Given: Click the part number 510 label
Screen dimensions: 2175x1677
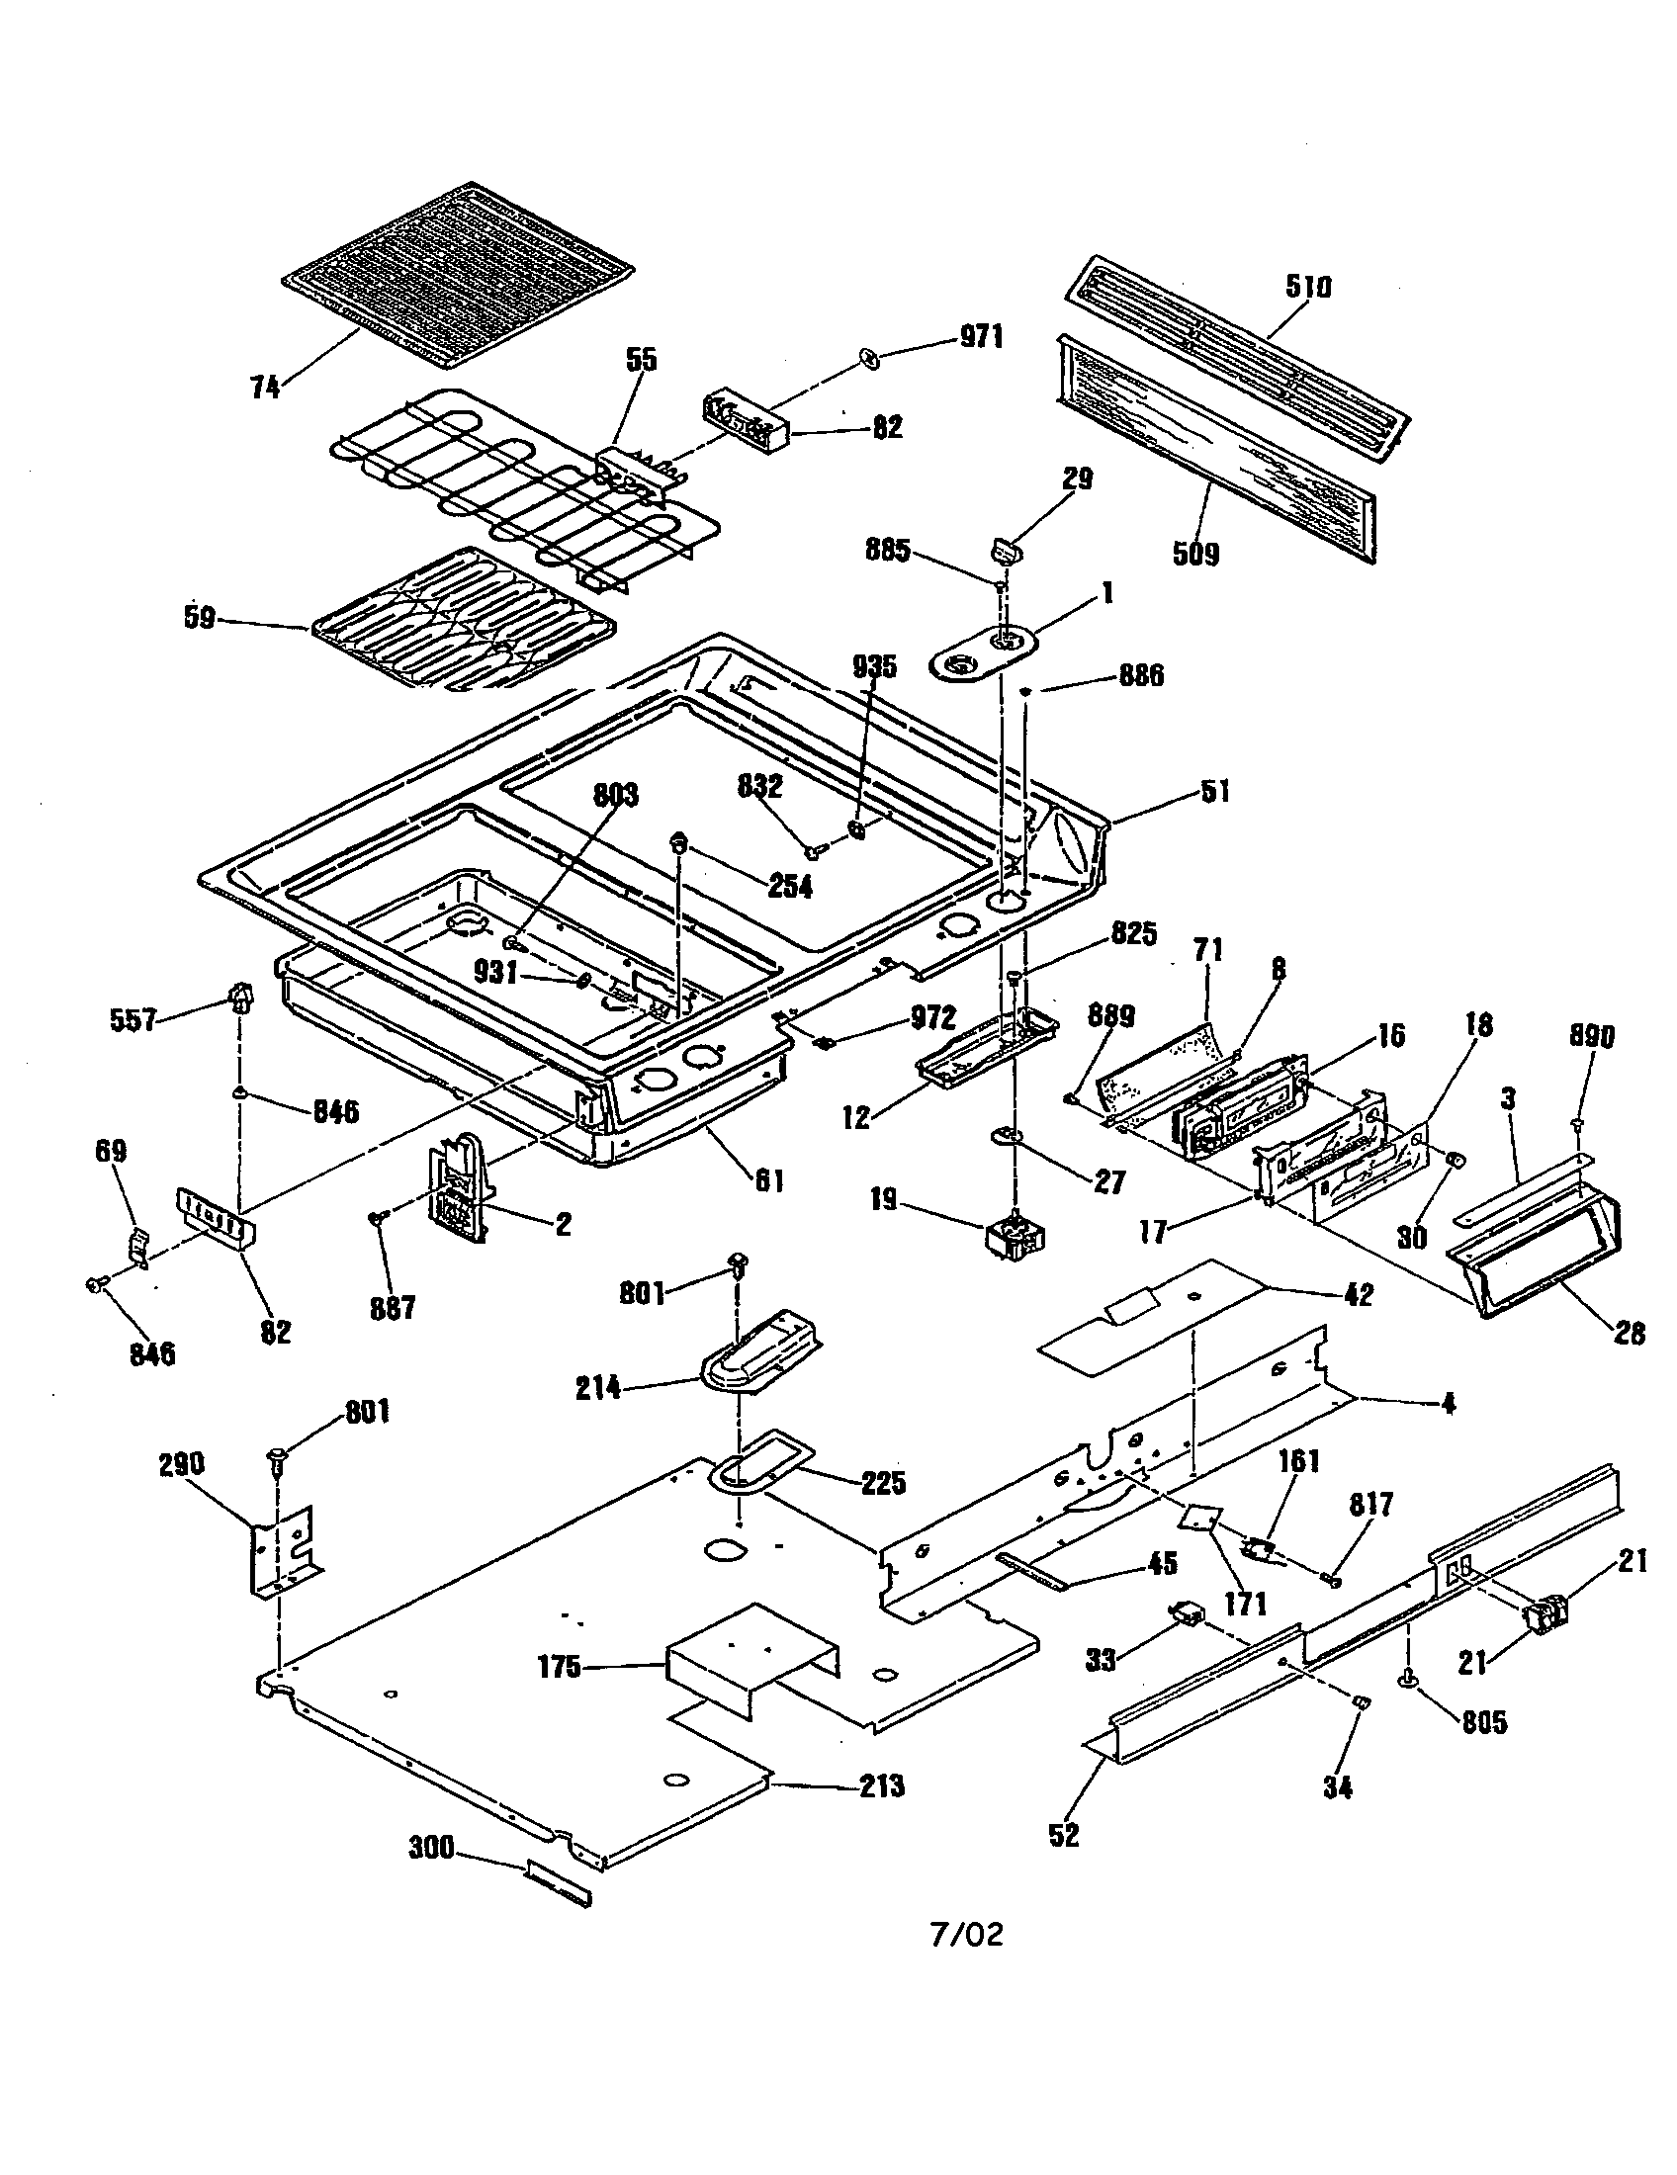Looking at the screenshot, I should pos(1306,287).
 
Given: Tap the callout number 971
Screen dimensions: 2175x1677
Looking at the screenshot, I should pos(980,336).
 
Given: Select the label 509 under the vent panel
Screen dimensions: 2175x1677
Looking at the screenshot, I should pos(1195,553).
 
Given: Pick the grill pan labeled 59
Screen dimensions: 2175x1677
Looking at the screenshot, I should pos(463,618).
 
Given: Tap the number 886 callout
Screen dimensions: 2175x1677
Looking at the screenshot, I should pos(1140,675).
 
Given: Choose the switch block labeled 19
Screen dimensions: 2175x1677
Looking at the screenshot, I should pos(1015,1238).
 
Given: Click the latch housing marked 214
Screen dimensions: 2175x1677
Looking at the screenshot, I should pos(761,1352).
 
